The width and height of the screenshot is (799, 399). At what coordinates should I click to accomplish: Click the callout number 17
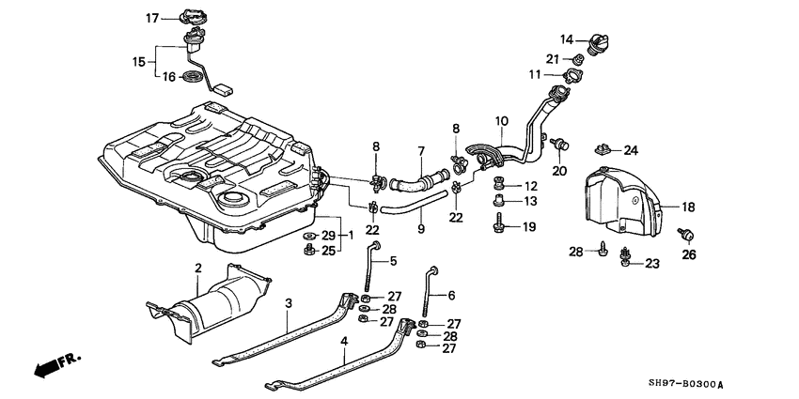(x=153, y=18)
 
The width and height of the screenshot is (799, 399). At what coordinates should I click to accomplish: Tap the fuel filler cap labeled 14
(x=599, y=44)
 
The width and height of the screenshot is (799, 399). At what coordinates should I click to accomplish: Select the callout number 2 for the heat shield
(x=198, y=269)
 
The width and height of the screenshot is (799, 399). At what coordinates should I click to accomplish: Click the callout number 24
(x=631, y=150)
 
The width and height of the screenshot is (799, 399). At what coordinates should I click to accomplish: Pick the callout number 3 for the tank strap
(x=290, y=302)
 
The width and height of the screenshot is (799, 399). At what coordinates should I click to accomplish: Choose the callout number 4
(x=345, y=342)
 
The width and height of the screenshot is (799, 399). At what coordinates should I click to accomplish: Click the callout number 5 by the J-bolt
(x=393, y=260)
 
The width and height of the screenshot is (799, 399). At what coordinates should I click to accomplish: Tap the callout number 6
(x=451, y=294)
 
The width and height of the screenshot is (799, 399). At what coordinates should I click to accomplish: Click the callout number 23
(x=651, y=265)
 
